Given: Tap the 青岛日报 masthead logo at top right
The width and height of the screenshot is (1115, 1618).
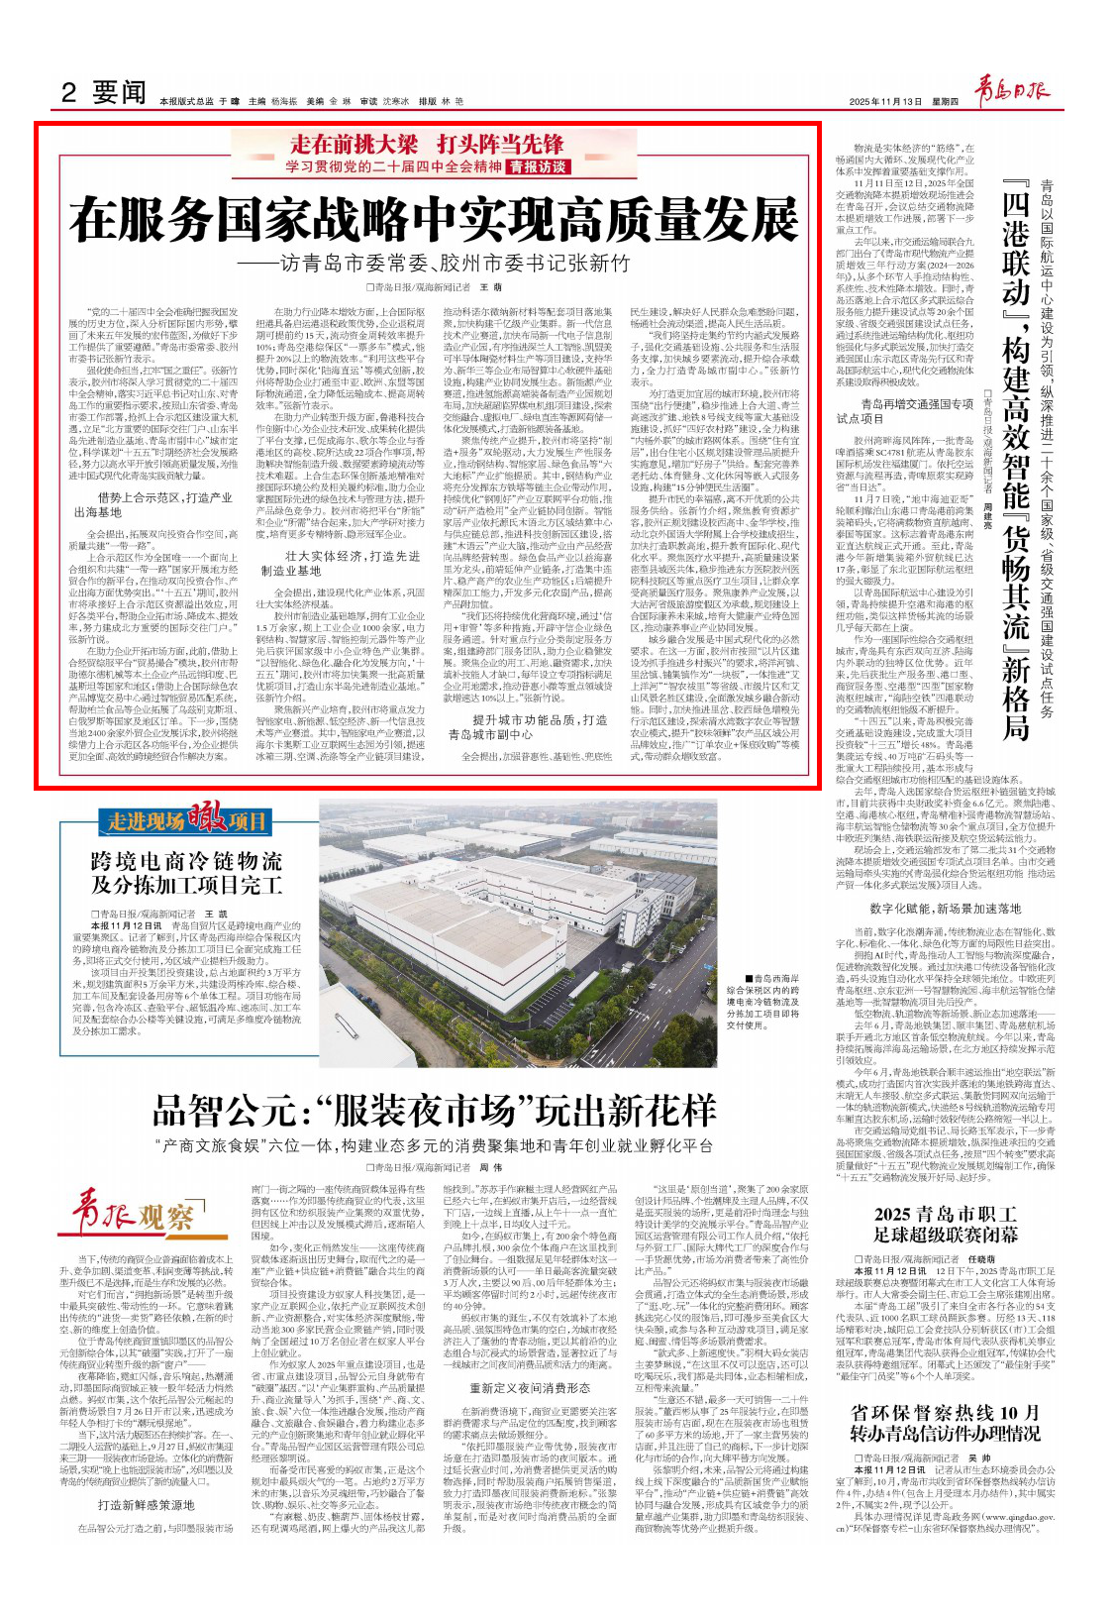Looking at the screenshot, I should [x=1012, y=91].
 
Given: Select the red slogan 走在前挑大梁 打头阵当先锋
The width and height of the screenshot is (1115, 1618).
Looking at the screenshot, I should [x=426, y=144].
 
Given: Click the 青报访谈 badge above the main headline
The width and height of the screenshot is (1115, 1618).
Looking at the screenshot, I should [x=538, y=166].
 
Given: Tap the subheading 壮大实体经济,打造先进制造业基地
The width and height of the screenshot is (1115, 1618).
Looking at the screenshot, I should [x=340, y=563].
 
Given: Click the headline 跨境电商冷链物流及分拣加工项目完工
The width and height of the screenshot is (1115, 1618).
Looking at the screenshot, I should [x=186, y=872].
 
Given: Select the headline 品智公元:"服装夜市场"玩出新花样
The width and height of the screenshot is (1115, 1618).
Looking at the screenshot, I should [x=435, y=1111].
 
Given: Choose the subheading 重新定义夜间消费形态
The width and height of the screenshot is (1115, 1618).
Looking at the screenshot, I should [x=530, y=1389].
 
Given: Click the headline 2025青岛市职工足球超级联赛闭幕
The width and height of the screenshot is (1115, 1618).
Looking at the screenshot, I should [x=945, y=1225].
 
